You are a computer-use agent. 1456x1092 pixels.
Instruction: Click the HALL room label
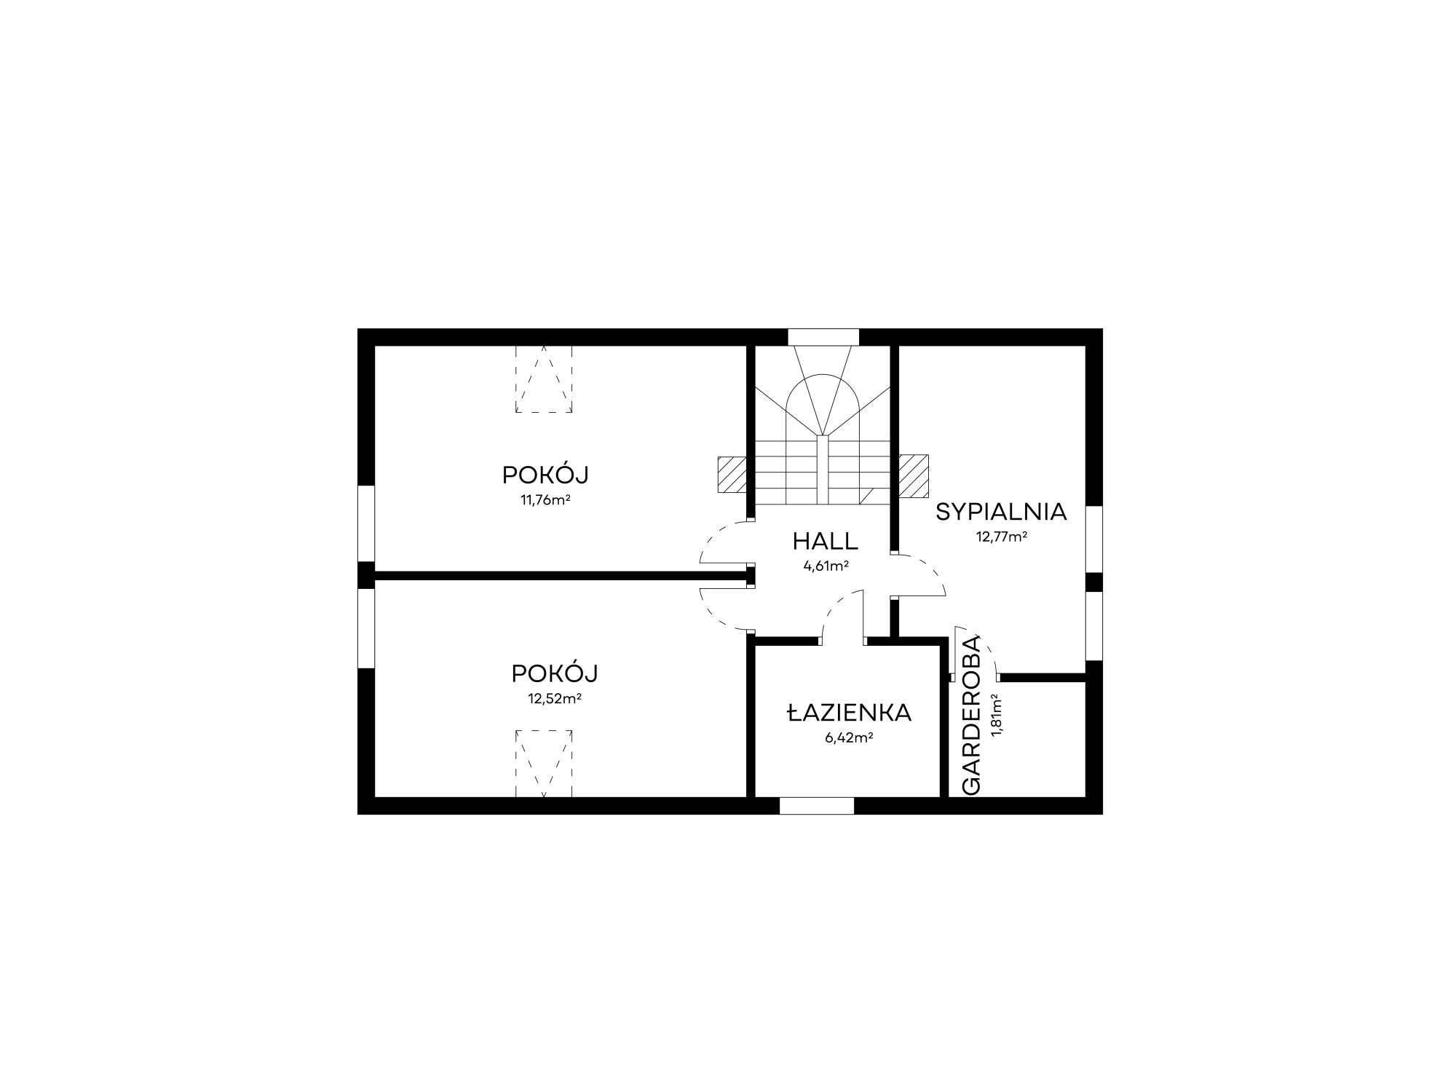pos(826,542)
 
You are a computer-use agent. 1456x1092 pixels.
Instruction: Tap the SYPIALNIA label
pos(1001,513)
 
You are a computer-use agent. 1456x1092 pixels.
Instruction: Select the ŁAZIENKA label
pos(849,713)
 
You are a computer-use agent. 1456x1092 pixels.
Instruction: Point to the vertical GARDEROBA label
pos(972,716)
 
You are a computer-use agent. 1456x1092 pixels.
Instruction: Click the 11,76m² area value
pos(545,500)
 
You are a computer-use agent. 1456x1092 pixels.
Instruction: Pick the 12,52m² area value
pos(554,699)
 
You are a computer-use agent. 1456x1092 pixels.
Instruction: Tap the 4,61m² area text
pos(826,566)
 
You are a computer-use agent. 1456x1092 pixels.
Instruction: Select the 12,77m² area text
pos(1001,537)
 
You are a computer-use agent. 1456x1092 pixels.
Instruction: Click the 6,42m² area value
pos(849,737)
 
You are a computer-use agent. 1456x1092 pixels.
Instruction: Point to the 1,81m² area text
pos(997,715)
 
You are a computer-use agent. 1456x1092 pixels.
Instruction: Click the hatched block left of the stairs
pos(732,475)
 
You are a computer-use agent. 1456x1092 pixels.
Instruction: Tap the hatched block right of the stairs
pos(913,476)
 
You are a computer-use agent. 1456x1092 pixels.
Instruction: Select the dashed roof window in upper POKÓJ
pos(544,379)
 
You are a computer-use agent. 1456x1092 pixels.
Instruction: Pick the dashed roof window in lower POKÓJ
pos(544,763)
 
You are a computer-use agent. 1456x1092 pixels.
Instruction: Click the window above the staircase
pos(823,337)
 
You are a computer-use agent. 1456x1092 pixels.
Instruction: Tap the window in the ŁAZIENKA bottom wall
pos(816,805)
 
